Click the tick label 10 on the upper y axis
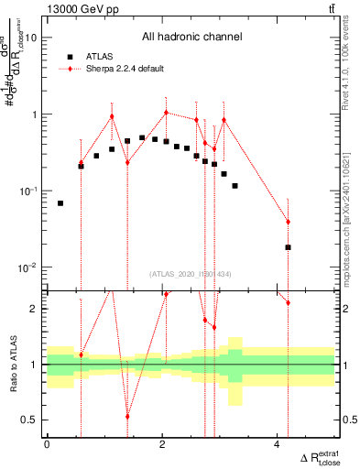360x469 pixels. pyautogui.click(x=30, y=38)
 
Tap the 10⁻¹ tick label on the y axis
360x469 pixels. pyautogui.click(x=29, y=191)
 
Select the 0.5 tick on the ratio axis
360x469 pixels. pyautogui.click(x=29, y=420)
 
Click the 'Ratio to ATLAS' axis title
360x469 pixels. pyautogui.click(x=10, y=364)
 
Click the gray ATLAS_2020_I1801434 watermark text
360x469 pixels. pyautogui.click(x=191, y=274)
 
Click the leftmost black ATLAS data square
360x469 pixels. pyautogui.click(x=60, y=203)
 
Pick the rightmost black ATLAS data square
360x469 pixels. pyautogui.click(x=288, y=247)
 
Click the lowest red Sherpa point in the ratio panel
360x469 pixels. pyautogui.click(x=127, y=416)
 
